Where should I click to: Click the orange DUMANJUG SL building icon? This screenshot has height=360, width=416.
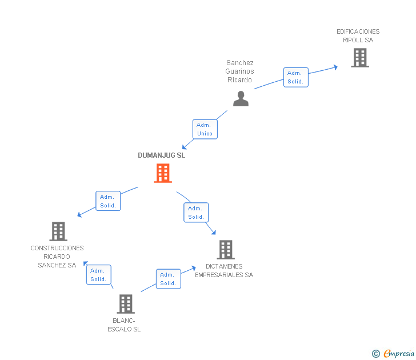point(163,173)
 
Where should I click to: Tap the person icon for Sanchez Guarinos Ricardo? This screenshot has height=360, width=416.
point(241,98)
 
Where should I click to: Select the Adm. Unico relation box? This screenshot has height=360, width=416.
point(205,129)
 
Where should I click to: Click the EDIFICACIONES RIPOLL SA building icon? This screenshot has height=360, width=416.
point(360,58)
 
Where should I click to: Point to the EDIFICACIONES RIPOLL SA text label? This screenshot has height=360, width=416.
point(358,36)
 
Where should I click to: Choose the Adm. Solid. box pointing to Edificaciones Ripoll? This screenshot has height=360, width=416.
point(296,77)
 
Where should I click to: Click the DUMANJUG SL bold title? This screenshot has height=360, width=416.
point(161,155)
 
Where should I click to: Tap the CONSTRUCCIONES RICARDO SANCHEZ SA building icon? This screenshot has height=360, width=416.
point(58,231)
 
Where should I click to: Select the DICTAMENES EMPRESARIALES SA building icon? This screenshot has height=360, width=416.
point(226,249)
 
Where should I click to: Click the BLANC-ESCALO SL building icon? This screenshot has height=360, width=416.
point(126,304)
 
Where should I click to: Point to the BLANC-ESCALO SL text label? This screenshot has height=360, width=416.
point(124,325)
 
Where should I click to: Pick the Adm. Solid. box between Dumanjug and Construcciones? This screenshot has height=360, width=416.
point(108,201)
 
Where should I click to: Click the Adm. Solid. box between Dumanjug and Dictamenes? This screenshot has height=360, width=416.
point(197,212)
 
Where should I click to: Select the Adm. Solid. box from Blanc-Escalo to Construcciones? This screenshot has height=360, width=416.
point(99,275)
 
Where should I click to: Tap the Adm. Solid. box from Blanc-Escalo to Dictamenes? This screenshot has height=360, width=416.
point(169,279)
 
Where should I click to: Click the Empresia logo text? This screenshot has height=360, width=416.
point(399,353)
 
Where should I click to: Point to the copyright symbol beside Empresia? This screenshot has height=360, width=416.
point(375,354)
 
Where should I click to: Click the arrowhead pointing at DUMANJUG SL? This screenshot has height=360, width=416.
point(184,147)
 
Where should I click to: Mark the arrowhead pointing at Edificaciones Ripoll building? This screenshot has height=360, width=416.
point(336,67)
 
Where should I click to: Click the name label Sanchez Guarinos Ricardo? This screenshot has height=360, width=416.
point(239,71)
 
